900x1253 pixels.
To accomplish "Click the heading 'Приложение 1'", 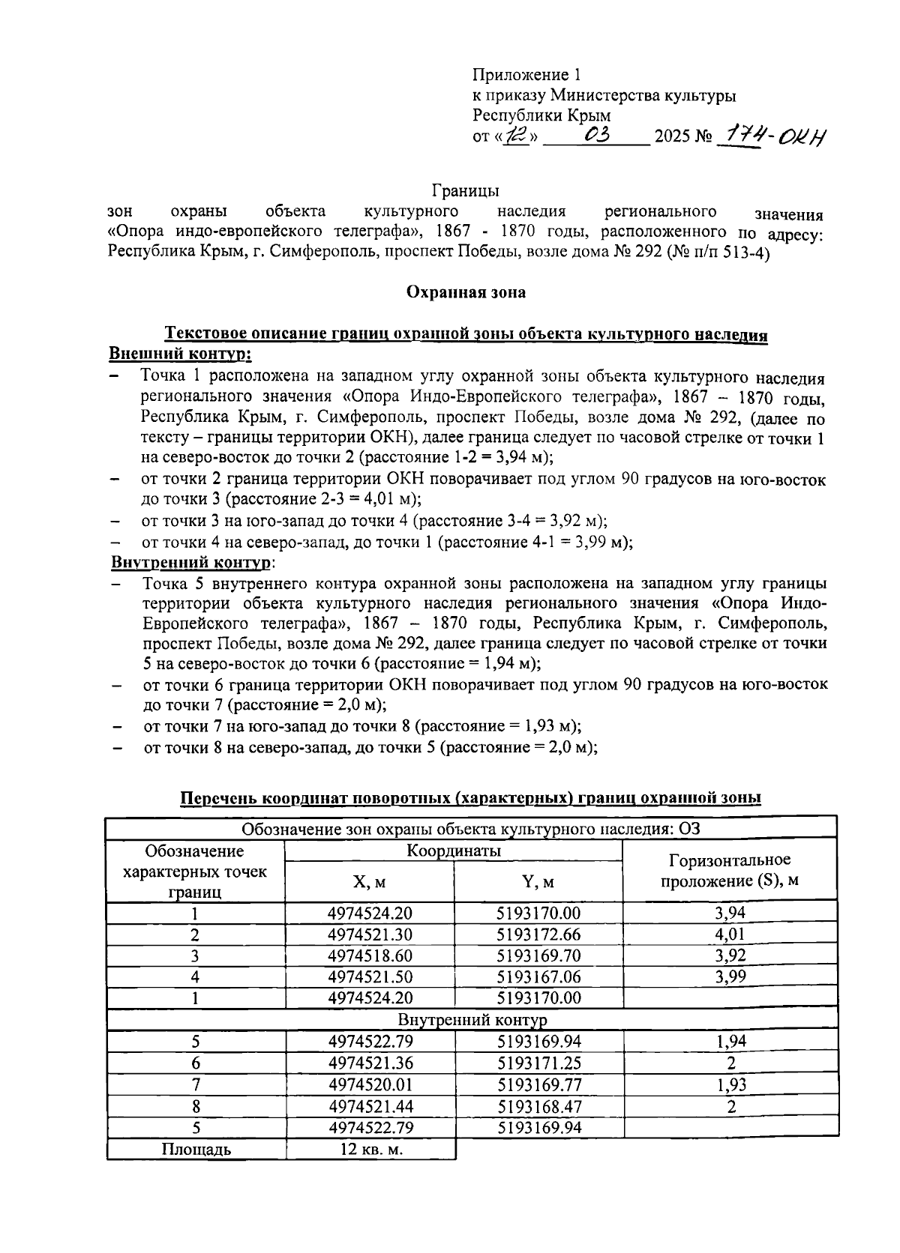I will tap(526, 75).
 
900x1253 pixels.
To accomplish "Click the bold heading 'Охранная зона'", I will tap(466, 292).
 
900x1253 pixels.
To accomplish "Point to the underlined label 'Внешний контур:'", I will tap(180, 353).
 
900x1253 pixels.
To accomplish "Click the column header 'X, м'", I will tap(370, 882).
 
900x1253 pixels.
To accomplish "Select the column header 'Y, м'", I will tap(538, 882).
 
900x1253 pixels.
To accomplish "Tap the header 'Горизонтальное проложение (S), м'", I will tap(729, 870).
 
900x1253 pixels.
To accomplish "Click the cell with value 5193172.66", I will tap(538, 935).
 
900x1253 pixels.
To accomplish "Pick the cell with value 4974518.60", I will tap(370, 955).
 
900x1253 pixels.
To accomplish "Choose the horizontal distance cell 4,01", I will tap(730, 935).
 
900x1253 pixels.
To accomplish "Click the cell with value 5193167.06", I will tap(538, 976).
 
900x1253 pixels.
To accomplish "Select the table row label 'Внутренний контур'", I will tap(472, 1020).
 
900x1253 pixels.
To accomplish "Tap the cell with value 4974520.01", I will tap(370, 1084).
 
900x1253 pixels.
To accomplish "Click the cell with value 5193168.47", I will tap(538, 1106).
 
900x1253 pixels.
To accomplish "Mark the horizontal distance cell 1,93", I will tap(730, 1084).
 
